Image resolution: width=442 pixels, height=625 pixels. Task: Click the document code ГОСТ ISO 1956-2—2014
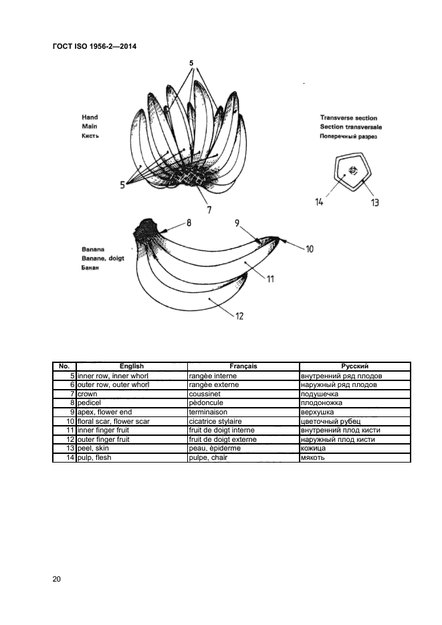[x=94, y=46]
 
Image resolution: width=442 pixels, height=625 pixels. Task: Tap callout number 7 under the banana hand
[x=209, y=209]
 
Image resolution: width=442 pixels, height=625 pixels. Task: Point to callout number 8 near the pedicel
[x=189, y=223]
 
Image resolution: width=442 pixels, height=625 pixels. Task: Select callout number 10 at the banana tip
[x=310, y=249]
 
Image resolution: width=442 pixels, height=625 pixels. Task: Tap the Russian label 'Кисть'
[x=90, y=135]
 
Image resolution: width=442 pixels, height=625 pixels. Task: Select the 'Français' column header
[x=243, y=366]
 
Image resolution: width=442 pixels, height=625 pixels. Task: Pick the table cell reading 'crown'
[x=88, y=394]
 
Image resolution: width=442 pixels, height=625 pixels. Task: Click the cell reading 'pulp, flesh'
[x=95, y=458]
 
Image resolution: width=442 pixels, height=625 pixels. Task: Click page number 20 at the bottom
[x=57, y=579]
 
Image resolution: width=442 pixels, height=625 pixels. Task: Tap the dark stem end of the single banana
[x=146, y=231]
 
